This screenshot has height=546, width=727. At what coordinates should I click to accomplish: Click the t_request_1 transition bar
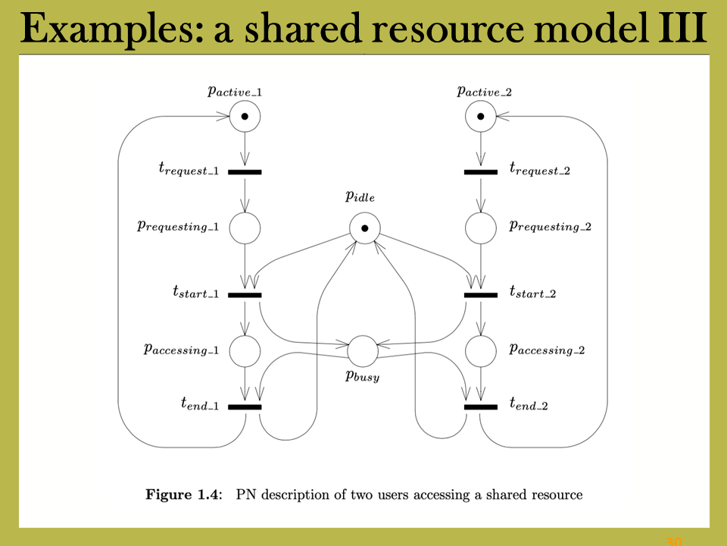(x=245, y=172)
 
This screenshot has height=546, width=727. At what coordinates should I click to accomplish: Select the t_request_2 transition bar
(x=481, y=172)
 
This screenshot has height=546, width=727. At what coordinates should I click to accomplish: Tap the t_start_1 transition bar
(x=245, y=295)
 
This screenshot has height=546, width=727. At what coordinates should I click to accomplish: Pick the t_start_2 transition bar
(x=481, y=295)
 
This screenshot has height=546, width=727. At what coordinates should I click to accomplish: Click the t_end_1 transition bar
(x=245, y=407)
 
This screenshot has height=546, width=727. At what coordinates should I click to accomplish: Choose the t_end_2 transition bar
(x=481, y=407)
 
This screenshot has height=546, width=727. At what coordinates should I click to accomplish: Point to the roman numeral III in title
(x=683, y=28)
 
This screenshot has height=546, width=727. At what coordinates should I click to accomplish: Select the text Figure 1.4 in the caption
(x=184, y=494)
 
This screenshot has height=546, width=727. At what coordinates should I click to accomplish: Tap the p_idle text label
(x=360, y=196)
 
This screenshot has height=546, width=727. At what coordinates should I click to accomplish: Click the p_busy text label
(x=362, y=375)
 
